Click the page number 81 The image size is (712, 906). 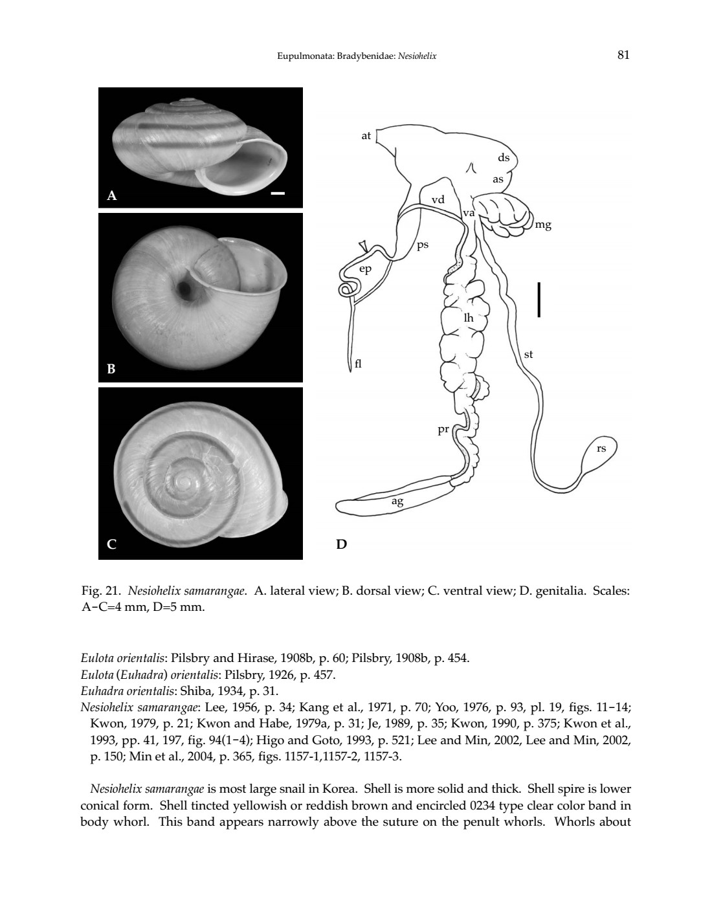pos(623,55)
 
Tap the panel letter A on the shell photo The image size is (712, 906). pos(112,195)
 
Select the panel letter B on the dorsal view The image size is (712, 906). pos(111,370)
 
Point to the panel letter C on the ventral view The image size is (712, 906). pos(112,544)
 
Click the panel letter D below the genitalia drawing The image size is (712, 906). pos(341,544)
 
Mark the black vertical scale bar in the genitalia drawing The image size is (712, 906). pos(539,299)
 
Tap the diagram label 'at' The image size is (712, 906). pos(366,136)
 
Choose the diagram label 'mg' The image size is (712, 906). pos(544,225)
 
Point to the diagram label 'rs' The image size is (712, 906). pos(601,447)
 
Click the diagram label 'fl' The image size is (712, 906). pos(359,364)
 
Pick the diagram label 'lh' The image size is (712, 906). pos(469,318)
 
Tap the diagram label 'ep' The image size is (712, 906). pos(366,269)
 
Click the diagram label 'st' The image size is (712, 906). pos(528,354)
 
